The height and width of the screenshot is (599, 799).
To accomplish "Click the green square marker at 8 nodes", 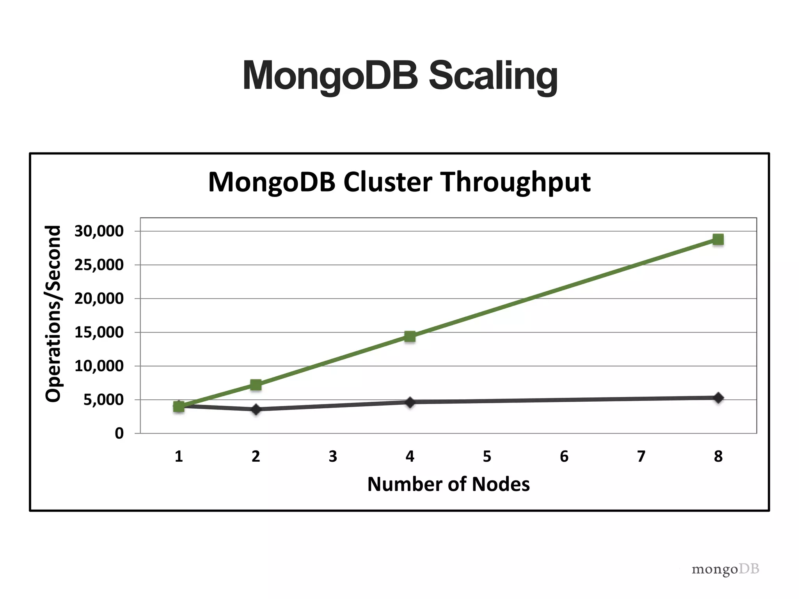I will (718, 239).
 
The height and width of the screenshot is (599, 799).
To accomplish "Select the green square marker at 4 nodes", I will (410, 336).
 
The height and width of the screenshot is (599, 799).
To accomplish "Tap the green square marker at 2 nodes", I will (256, 385).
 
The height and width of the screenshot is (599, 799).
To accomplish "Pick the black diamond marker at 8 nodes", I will (718, 398).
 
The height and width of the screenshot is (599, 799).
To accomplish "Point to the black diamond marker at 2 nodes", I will (256, 409).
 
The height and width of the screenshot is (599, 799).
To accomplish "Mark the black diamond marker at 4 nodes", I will (410, 402).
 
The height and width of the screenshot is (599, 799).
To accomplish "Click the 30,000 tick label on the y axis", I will (99, 231).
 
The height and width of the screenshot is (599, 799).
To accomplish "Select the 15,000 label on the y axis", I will (99, 332).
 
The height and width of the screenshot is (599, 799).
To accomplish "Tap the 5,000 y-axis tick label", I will (103, 400).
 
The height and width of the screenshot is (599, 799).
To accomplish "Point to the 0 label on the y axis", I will (119, 433).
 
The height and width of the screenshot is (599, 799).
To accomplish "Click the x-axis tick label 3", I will (333, 456).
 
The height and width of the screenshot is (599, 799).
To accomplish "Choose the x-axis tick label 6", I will (564, 456).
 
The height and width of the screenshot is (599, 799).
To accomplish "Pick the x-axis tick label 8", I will (718, 456).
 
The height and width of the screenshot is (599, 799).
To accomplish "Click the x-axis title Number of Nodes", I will (448, 484).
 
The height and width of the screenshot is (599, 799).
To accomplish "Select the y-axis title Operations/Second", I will (53, 314).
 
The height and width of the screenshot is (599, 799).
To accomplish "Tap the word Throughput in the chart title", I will (515, 182).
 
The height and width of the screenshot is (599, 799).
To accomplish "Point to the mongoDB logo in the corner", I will (725, 569).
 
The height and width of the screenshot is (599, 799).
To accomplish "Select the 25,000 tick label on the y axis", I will (99, 265).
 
